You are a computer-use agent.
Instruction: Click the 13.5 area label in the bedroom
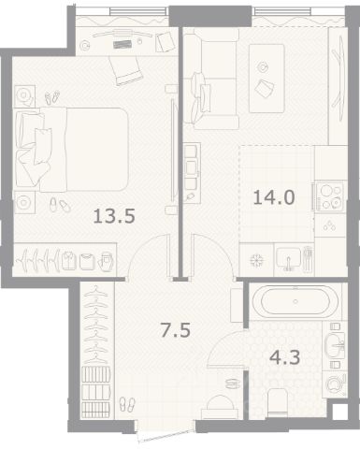point(114,216)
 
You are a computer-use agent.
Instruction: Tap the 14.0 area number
point(274,197)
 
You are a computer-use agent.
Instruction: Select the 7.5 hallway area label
point(175,330)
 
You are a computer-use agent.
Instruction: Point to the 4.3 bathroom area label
point(285,357)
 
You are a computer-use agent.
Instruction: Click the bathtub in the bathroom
point(295,301)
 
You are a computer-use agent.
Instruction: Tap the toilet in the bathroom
point(278,403)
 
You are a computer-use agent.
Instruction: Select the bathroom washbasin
point(335,345)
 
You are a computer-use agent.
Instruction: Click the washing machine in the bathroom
point(335,384)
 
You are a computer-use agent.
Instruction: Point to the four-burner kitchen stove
point(330,196)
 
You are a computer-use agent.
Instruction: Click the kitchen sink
point(289,258)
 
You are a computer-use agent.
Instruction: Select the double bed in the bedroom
point(72,149)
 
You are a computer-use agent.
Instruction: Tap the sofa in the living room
point(211,80)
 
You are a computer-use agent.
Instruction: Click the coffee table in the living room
point(266,79)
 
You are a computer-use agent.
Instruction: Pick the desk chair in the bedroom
point(126,71)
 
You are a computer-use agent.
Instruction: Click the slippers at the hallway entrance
point(127,404)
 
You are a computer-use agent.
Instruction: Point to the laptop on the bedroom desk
point(122,44)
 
